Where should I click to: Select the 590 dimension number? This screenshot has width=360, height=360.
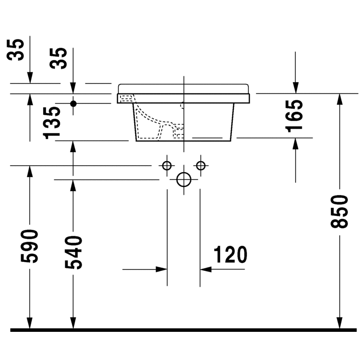click(30, 246)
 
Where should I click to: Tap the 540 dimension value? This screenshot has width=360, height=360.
click(73, 253)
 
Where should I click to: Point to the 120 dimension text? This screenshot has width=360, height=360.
click(230, 255)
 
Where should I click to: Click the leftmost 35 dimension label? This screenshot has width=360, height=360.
click(16, 50)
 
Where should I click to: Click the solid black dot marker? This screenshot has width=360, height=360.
click(73, 103)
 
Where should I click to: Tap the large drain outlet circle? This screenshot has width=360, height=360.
click(184, 179)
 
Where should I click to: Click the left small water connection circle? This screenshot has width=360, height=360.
click(166, 165)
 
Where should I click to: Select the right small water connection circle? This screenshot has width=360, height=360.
click(201, 165)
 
